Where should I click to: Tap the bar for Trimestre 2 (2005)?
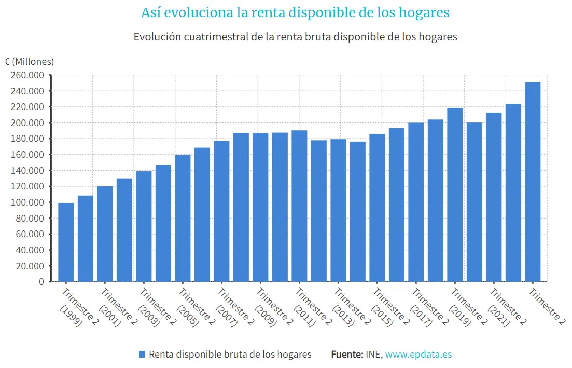click(x=183, y=219)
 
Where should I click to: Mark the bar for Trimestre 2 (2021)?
click(x=494, y=197)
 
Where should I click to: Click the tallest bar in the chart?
click(x=533, y=182)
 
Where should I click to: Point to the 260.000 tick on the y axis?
click(x=27, y=75)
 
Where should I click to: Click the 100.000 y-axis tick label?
click(x=27, y=202)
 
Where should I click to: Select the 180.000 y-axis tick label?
click(x=27, y=139)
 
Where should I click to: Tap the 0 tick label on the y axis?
click(x=41, y=282)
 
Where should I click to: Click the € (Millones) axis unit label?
click(x=30, y=61)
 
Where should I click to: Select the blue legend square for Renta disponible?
click(x=142, y=355)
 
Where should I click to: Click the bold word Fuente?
click(x=346, y=355)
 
